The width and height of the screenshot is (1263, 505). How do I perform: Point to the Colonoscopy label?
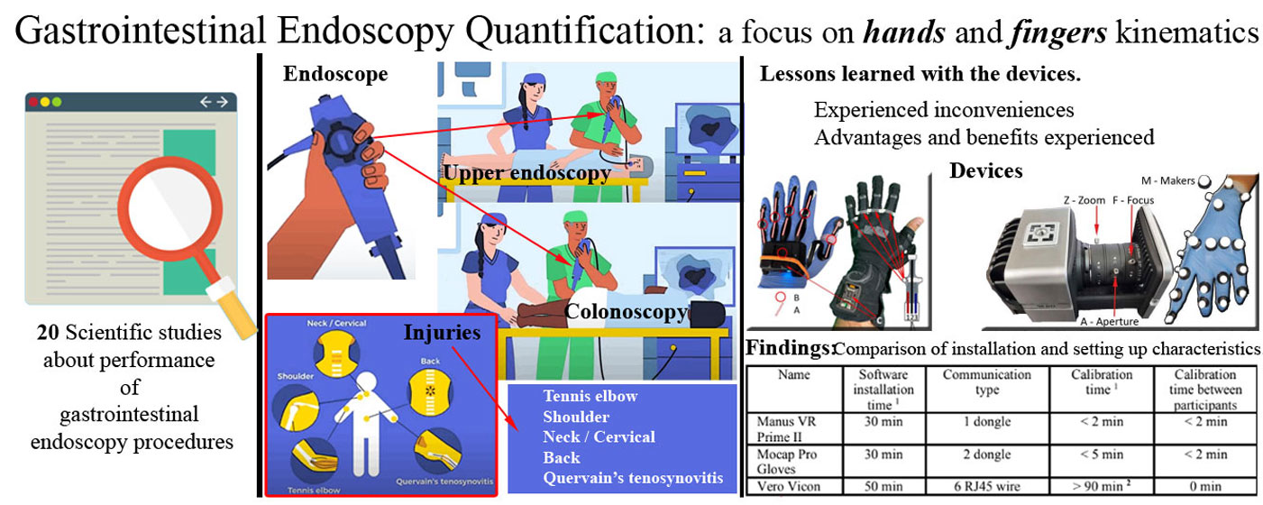pos(626,312)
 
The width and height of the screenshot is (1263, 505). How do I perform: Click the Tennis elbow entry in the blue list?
pos(590,397)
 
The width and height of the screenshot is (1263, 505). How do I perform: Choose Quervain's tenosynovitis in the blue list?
pos(631,478)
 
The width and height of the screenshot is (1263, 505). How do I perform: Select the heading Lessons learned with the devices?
pos(920,74)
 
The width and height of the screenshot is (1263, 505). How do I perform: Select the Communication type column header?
pos(986,382)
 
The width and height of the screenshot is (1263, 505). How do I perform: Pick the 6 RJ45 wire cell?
pos(986,487)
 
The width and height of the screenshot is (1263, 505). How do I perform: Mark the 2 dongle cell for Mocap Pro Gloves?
pos(986,454)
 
